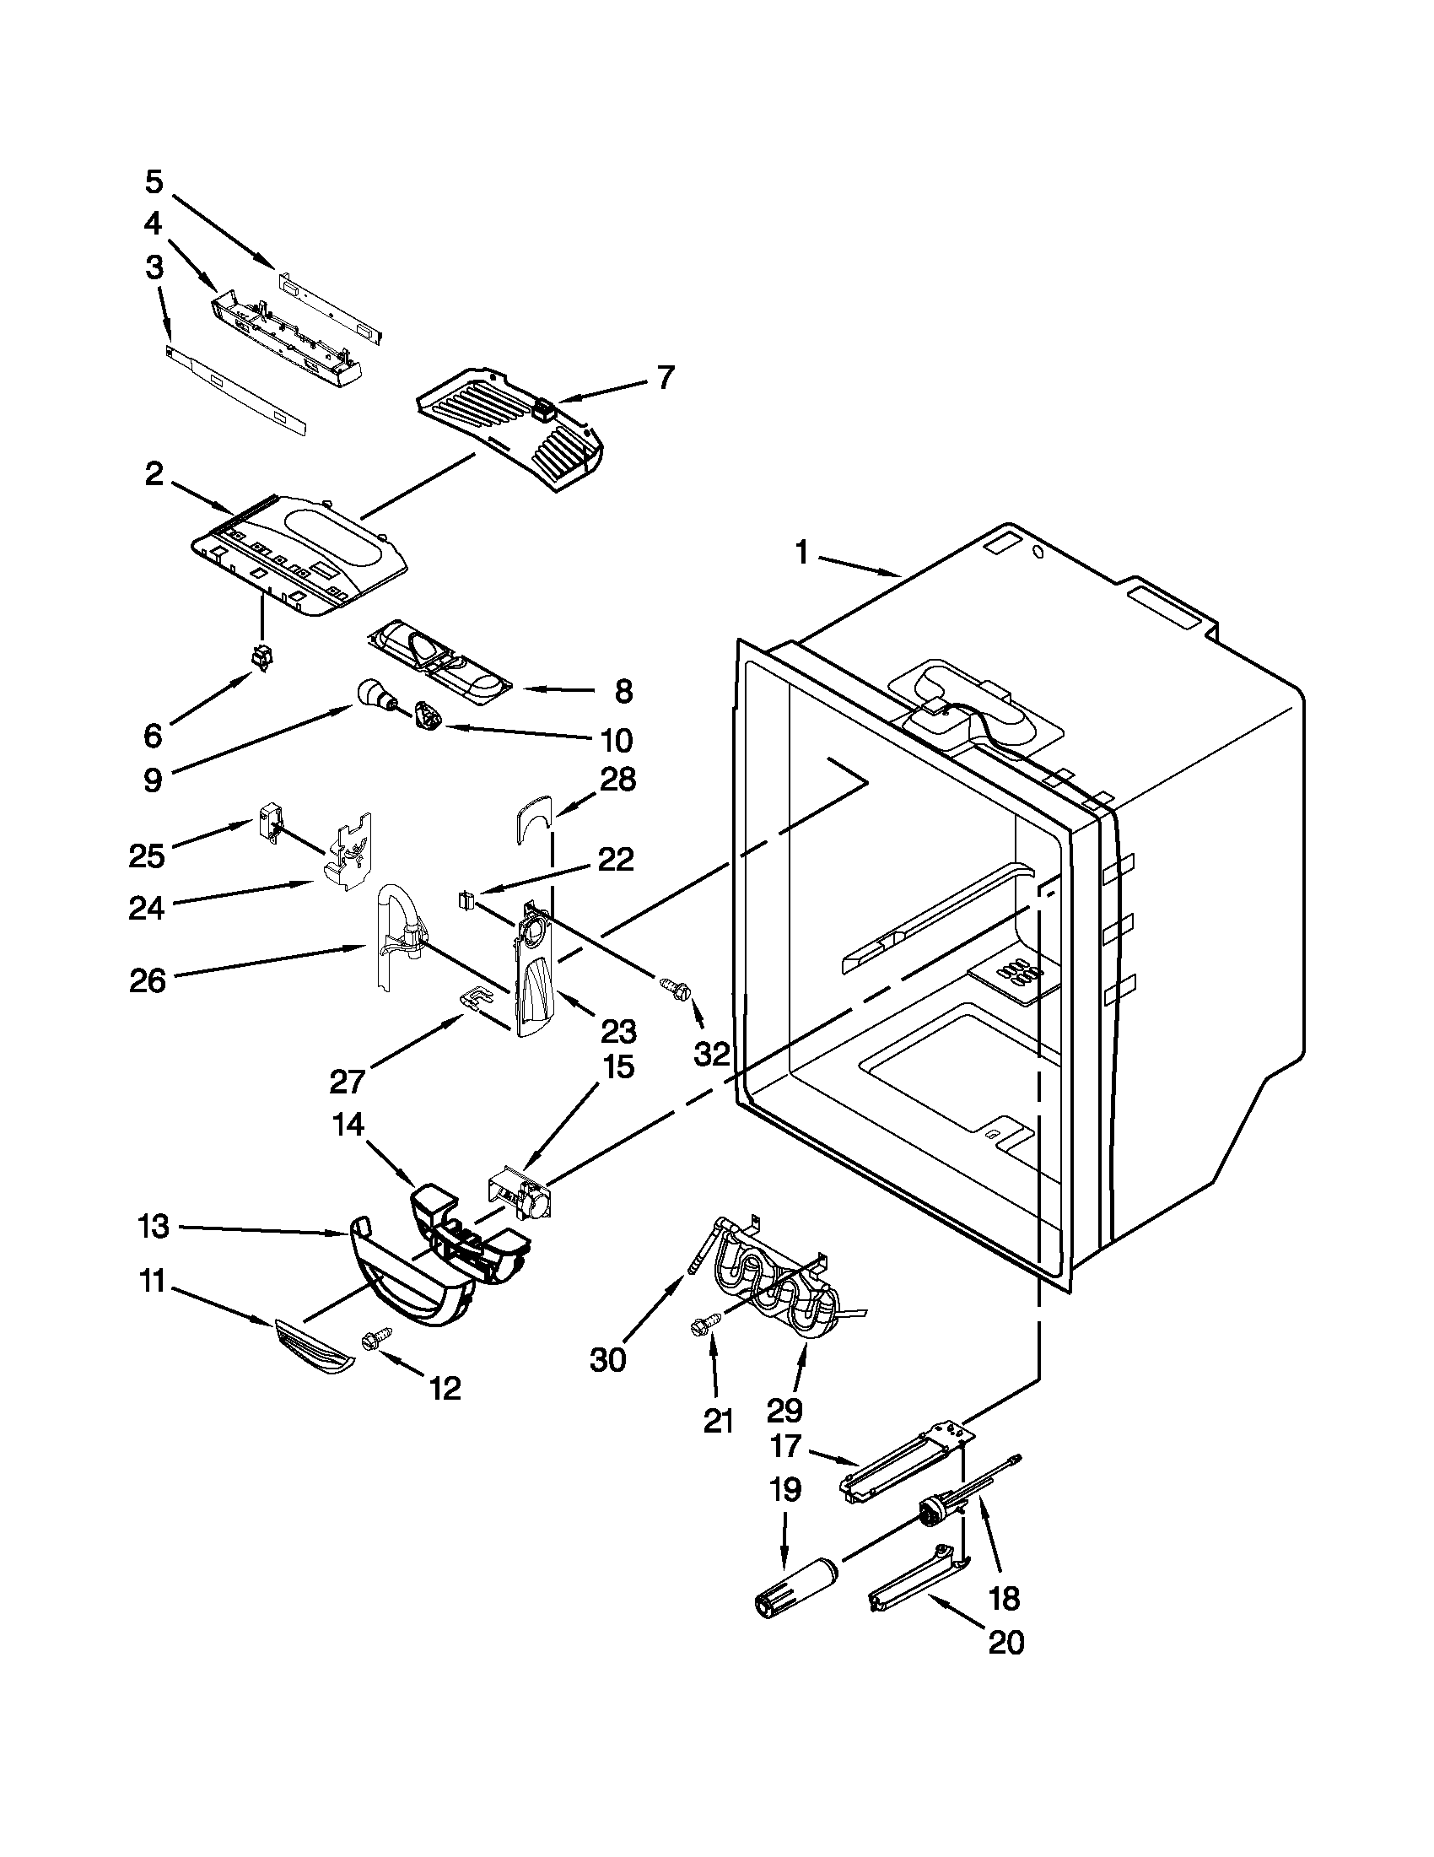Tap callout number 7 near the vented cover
pos(666,376)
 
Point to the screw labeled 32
pos(677,986)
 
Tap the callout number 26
pos(147,980)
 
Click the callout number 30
pos(607,1359)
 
